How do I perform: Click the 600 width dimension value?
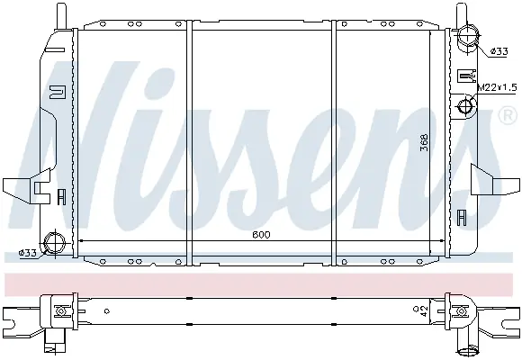261,234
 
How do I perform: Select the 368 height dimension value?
424,142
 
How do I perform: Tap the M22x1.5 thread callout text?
498,87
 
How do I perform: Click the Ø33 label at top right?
499,51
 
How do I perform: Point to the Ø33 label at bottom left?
27,253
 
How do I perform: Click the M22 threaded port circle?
465,107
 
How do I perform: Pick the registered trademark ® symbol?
508,115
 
